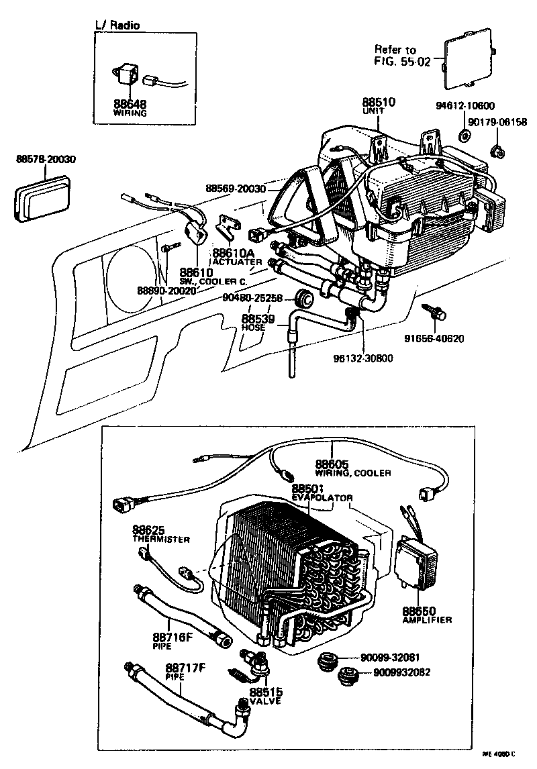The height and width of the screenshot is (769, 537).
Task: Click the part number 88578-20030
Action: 46,160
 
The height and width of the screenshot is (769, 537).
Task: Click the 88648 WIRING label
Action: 130,108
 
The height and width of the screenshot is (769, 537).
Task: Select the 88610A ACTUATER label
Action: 234,257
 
